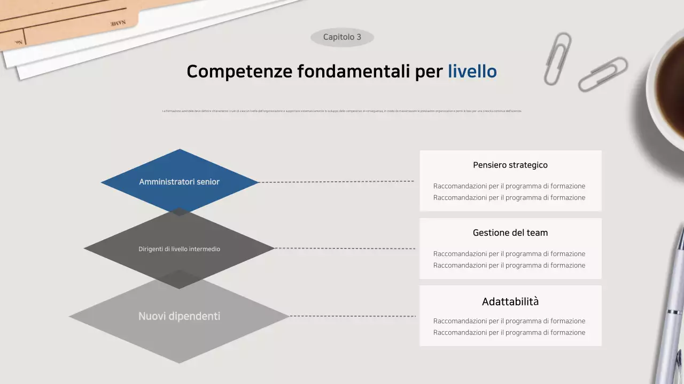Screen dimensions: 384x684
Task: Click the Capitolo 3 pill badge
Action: pyautogui.click(x=342, y=37)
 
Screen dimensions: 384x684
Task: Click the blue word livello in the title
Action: pyautogui.click(x=472, y=71)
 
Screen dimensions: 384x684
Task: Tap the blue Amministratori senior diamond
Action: pyautogui.click(x=180, y=181)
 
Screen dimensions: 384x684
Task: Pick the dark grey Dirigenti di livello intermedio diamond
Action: pyautogui.click(x=180, y=249)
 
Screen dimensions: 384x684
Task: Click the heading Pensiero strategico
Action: pyautogui.click(x=510, y=165)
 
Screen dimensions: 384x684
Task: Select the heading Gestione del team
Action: pyautogui.click(x=510, y=233)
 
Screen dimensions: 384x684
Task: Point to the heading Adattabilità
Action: pyautogui.click(x=510, y=302)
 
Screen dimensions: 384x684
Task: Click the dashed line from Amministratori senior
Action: pyautogui.click(x=337, y=182)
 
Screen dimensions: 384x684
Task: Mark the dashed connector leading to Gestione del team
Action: pyautogui.click(x=345, y=249)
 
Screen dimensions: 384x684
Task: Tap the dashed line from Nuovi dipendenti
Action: pyautogui.click(x=353, y=316)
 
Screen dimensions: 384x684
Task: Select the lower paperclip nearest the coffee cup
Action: pyautogui.click(x=603, y=74)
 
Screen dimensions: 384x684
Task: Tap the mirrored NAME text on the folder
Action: pyautogui.click(x=118, y=23)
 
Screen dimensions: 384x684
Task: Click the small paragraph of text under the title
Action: pyautogui.click(x=342, y=111)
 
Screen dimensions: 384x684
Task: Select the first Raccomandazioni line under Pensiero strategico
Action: pyautogui.click(x=509, y=186)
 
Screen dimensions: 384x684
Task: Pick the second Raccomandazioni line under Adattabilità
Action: pyautogui.click(x=509, y=333)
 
